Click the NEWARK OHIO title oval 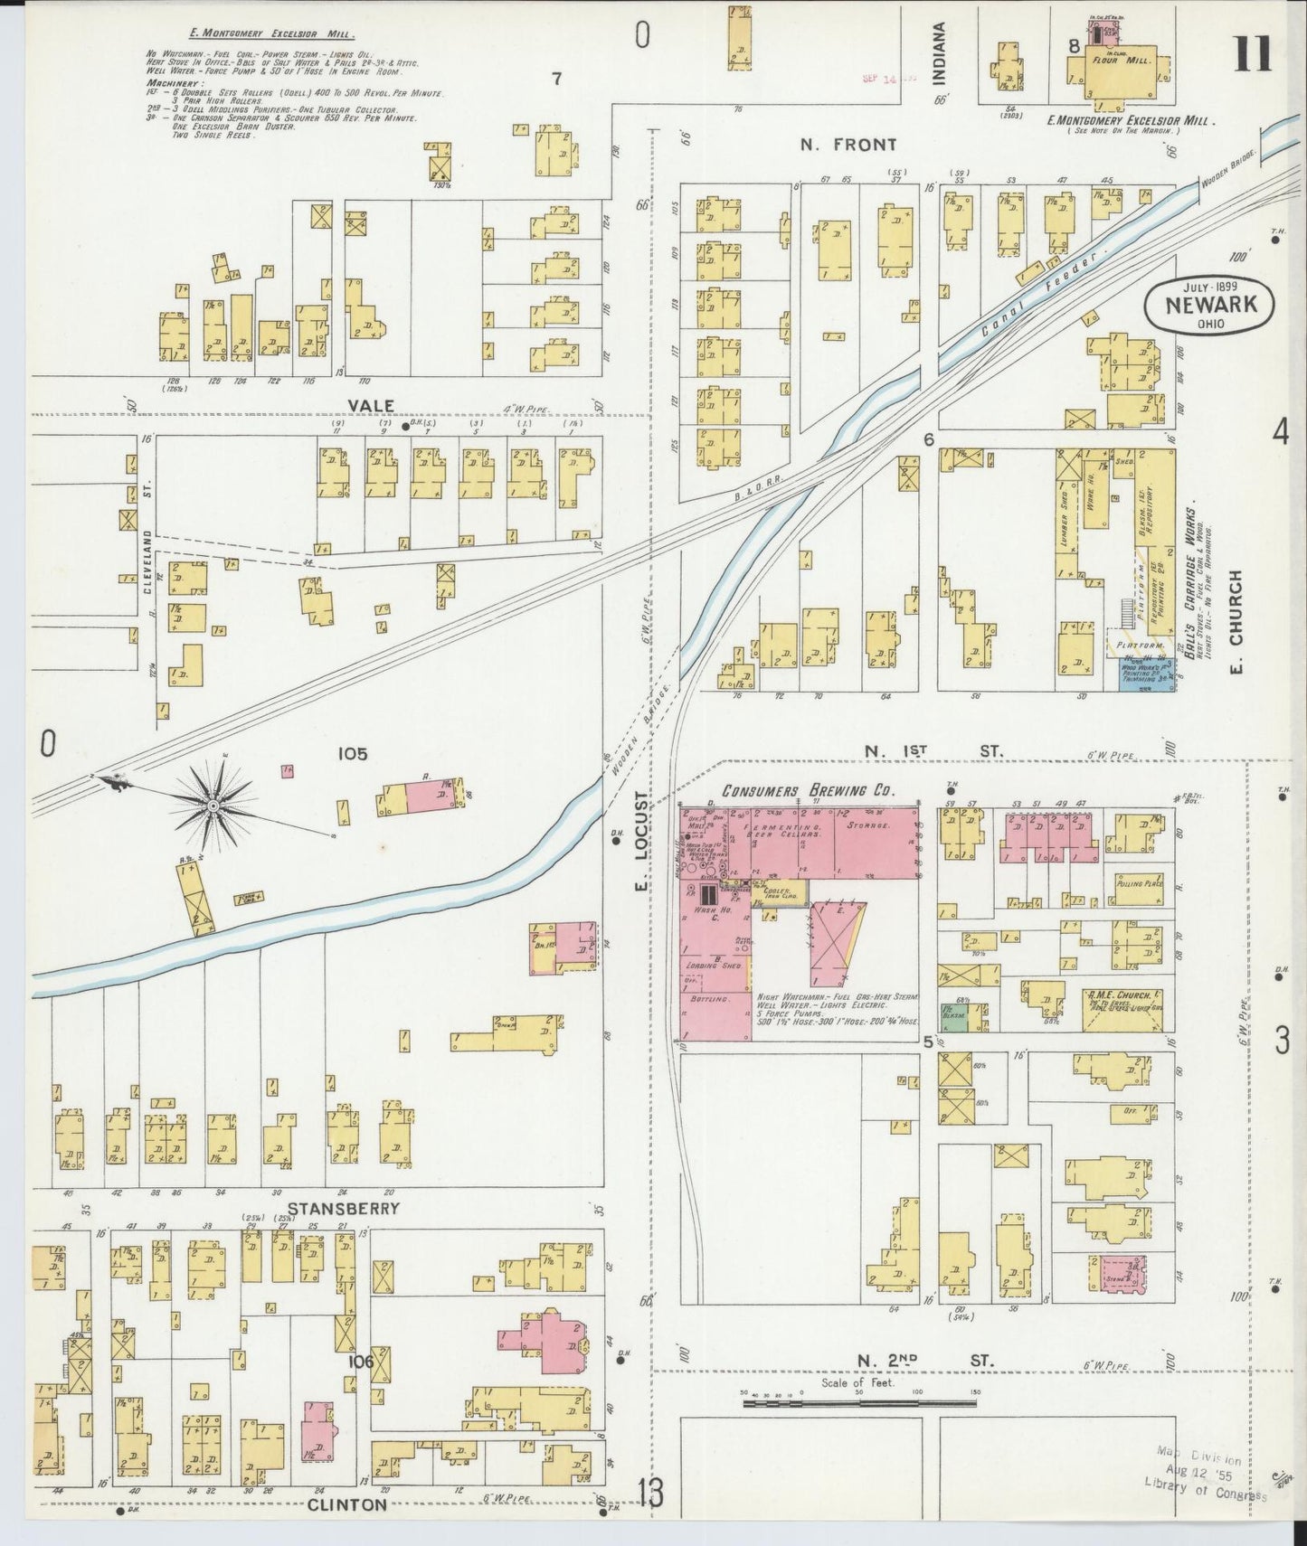(1210, 303)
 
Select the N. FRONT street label (848, 144)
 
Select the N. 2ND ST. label (925, 1360)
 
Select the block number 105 (352, 752)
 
